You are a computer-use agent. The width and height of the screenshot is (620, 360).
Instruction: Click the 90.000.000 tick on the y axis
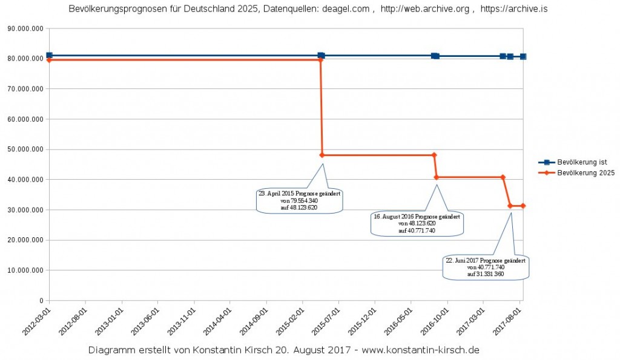point(25,28)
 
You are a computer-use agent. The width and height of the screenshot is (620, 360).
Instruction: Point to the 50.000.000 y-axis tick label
point(25,149)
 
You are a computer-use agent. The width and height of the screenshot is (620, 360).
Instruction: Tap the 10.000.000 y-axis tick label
point(25,270)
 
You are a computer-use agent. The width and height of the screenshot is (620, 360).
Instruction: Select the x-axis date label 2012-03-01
point(35,320)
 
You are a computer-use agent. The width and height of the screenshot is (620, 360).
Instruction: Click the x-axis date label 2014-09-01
point(251,320)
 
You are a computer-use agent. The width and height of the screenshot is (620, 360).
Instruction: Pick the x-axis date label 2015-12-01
point(360,320)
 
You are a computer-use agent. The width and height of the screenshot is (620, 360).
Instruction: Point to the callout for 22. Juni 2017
point(486,267)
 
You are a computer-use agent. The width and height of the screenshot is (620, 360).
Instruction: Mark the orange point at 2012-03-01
point(49,60)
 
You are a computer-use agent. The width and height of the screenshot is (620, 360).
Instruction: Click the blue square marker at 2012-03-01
point(49,56)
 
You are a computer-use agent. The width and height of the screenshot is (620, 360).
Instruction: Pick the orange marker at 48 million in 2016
point(434,155)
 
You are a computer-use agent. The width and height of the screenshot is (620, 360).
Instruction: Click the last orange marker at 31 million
point(523,206)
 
